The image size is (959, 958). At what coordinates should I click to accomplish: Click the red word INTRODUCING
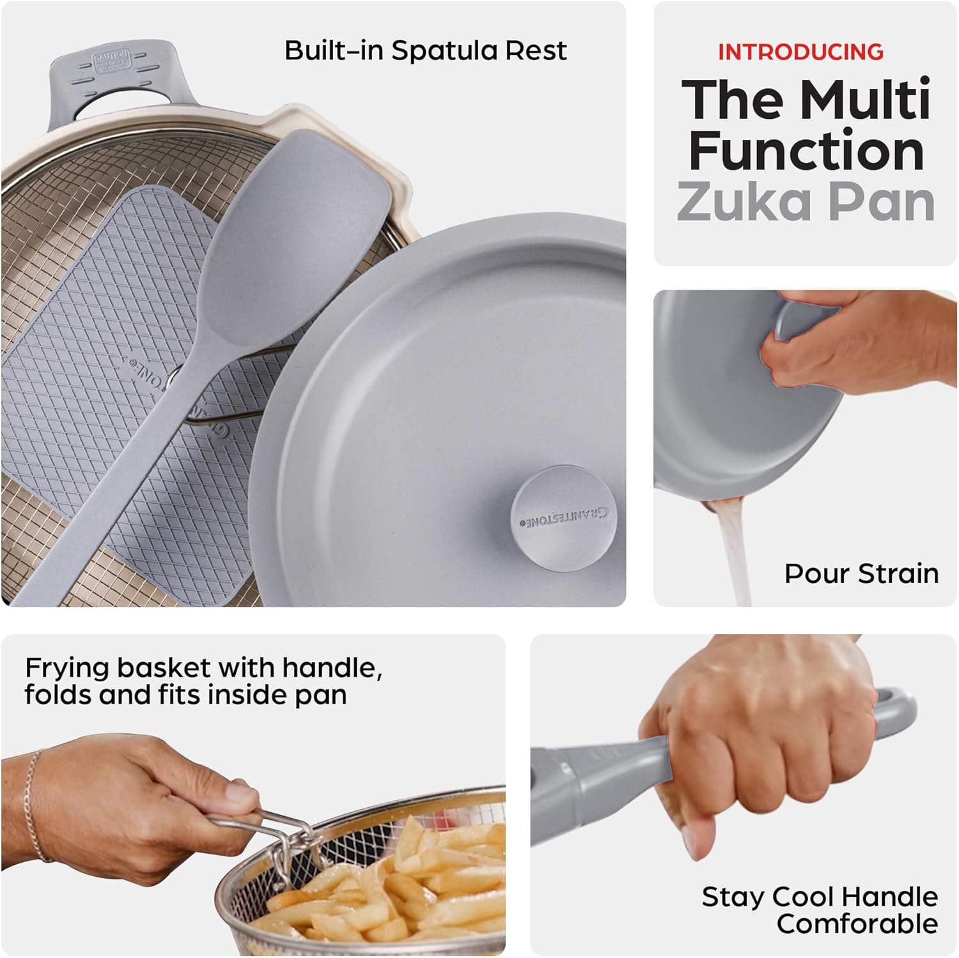point(800,51)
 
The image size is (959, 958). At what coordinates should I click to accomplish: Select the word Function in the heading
point(806,151)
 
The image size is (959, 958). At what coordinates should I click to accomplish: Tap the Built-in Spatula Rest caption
point(425,50)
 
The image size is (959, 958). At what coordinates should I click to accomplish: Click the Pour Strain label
point(861,573)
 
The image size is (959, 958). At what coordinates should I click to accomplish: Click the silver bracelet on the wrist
point(35,805)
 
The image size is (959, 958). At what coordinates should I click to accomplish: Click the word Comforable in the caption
point(857,924)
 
